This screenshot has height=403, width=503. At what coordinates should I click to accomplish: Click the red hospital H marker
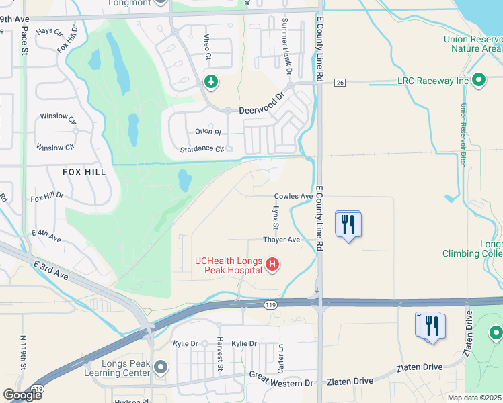(x=272, y=265)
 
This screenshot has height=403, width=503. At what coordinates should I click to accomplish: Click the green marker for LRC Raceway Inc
(x=479, y=81)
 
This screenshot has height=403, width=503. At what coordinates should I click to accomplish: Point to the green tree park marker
(x=212, y=82)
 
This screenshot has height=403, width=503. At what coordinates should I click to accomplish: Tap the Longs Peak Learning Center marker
(x=160, y=367)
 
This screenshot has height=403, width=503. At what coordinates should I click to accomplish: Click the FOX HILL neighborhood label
(x=84, y=172)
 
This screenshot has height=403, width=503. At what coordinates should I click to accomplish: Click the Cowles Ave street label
(x=293, y=197)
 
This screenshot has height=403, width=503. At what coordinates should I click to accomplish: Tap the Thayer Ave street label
(x=281, y=240)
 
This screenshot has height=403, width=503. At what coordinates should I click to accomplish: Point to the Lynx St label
(x=274, y=216)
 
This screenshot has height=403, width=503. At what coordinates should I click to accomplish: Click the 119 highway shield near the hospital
(x=270, y=305)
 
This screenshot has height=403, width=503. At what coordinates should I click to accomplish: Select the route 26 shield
(x=340, y=82)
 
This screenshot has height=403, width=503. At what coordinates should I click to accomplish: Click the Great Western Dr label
(x=282, y=382)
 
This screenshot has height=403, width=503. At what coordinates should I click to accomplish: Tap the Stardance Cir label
(x=202, y=149)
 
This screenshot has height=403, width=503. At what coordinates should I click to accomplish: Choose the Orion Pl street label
(x=208, y=132)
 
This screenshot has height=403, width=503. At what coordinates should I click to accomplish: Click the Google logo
(x=22, y=395)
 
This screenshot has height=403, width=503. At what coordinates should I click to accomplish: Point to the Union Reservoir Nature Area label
(x=473, y=44)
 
